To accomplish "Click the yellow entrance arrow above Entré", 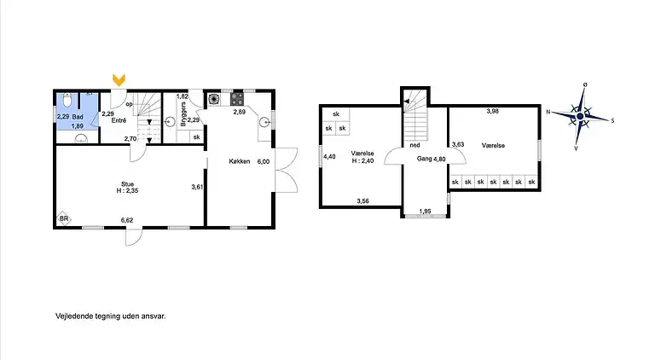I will click(x=119, y=80).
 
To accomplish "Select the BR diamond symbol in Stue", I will click(x=63, y=218).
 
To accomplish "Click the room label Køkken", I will click(x=239, y=161).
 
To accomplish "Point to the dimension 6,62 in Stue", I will click(x=128, y=219).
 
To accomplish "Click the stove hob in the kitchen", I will click(x=235, y=98).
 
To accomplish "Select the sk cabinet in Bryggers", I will click(x=196, y=136).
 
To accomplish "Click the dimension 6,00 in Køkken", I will click(x=264, y=161).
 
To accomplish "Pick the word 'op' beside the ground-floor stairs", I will click(x=130, y=105).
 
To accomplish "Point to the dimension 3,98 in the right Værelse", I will click(x=493, y=112).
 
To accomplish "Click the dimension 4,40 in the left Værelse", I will click(x=329, y=156).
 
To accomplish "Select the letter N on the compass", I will click(x=549, y=111).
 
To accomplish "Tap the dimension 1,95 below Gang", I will click(x=425, y=211).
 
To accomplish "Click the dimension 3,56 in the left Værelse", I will click(x=363, y=201).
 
